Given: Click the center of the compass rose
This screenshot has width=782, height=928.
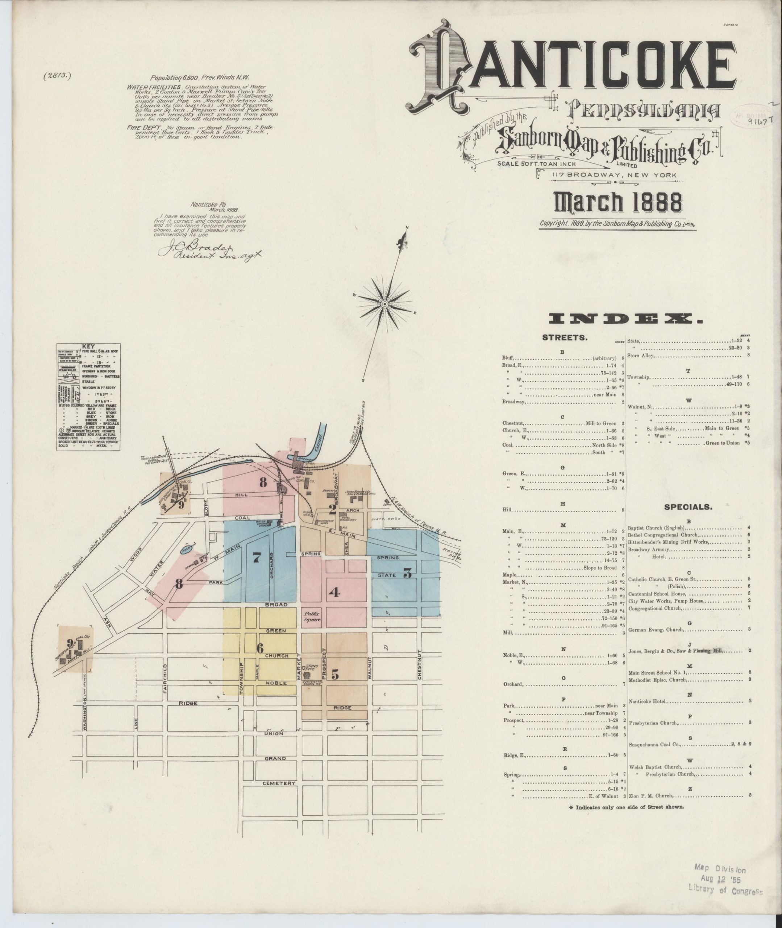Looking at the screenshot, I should pyautogui.click(x=385, y=304).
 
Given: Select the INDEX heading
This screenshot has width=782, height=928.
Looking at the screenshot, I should pyautogui.click(x=625, y=318).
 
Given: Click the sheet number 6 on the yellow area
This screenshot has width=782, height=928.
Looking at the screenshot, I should pyautogui.click(x=260, y=648).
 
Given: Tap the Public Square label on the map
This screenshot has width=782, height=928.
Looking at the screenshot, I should pyautogui.click(x=312, y=617).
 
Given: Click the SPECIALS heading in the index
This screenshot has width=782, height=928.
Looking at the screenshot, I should pyautogui.click(x=688, y=507).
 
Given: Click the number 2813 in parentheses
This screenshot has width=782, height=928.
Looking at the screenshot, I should pyautogui.click(x=57, y=76).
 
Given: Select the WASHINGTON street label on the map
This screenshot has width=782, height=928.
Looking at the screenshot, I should pyautogui.click(x=84, y=714).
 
